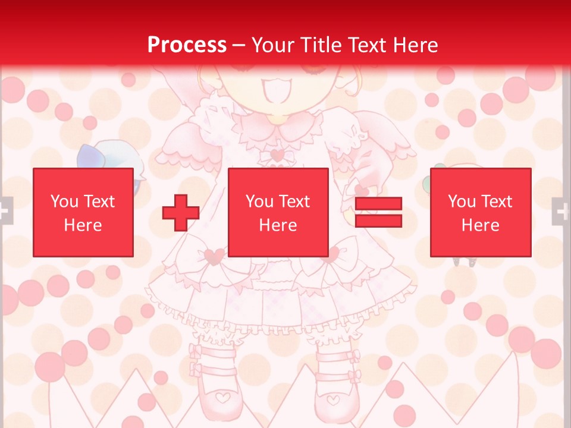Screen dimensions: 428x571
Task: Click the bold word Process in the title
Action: coord(187,45)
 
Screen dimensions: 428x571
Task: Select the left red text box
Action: coord(83,212)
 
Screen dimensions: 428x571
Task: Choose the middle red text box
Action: coord(278,212)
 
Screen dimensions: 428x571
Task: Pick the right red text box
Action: coord(480,212)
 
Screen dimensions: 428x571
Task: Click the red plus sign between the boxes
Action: coord(181,213)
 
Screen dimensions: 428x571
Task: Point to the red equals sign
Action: coord(378,213)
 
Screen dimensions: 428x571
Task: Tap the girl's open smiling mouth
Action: coord(277,93)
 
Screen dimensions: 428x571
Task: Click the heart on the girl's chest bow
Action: coord(277,156)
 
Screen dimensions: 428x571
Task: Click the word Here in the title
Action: coord(416,45)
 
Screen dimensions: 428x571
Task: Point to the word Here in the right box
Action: coord(480,225)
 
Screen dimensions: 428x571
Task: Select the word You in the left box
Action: coord(64,202)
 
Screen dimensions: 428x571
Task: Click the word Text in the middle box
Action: coord(294,202)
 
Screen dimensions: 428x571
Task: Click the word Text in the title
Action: coord(369,45)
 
